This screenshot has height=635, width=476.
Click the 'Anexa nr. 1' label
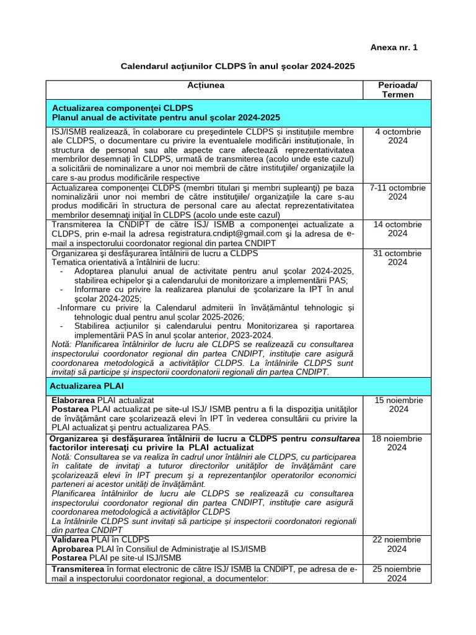tap(394, 47)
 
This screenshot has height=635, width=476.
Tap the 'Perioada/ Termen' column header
tap(397, 89)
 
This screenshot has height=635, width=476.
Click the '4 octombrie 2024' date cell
tap(397, 136)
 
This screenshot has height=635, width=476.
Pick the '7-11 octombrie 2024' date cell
tap(397, 192)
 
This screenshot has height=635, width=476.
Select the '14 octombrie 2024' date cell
tap(397, 229)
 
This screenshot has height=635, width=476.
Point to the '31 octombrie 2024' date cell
tap(397, 258)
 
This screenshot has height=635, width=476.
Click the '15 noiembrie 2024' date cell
tap(397, 405)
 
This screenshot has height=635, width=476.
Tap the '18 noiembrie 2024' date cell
tap(397, 443)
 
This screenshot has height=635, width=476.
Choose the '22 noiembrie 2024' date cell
tap(397, 544)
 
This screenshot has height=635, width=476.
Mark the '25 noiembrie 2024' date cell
tap(397, 574)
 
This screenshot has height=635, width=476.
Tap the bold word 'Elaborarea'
tap(73, 401)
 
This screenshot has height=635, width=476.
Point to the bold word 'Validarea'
tap(71, 540)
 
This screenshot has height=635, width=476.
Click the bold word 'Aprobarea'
tap(73, 549)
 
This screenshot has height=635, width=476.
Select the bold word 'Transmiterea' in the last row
tap(79, 569)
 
